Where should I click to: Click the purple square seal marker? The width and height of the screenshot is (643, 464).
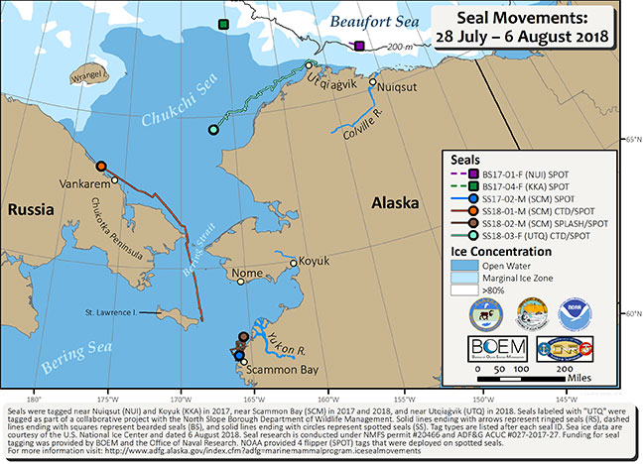click(359, 45)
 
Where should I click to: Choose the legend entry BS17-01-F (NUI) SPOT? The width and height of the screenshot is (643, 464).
click(514, 173)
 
